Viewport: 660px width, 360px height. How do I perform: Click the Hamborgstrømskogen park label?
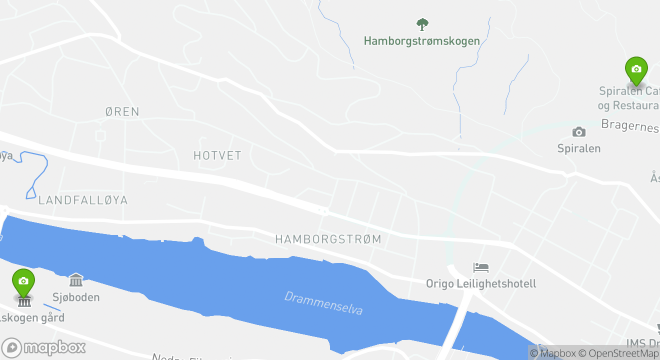[421, 41]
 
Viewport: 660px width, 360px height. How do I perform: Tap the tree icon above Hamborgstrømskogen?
[422, 24]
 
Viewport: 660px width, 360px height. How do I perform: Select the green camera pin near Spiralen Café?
[636, 70]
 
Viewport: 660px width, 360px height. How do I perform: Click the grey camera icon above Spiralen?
[578, 132]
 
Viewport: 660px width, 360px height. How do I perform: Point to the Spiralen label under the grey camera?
[578, 148]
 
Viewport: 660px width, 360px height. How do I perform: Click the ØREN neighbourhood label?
[122, 111]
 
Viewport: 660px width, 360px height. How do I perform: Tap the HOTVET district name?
[217, 155]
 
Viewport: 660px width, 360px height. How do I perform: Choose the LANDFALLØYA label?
[83, 200]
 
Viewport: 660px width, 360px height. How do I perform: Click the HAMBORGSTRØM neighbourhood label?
[328, 239]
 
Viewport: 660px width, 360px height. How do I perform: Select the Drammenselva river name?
[323, 303]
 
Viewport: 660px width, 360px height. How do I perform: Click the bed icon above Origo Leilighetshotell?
[480, 267]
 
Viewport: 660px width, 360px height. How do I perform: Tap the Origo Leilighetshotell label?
[480, 283]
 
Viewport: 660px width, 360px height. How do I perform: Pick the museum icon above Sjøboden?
[76, 280]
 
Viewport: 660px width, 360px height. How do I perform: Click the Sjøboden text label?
[76, 297]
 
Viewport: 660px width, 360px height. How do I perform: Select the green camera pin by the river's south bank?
[23, 282]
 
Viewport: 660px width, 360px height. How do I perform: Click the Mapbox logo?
[44, 347]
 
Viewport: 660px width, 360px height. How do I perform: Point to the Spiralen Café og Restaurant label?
[629, 98]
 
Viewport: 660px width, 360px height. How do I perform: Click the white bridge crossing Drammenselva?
[456, 325]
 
